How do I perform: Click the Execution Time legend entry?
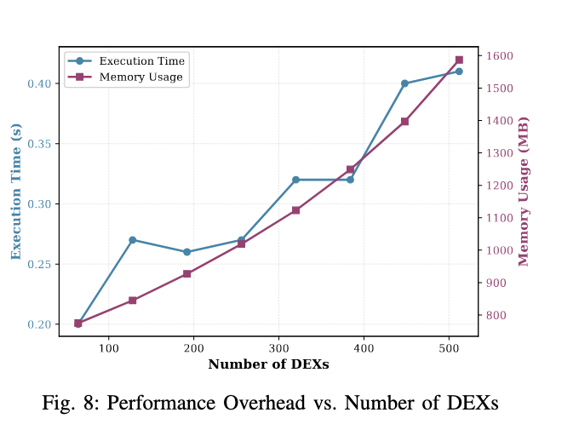click(141, 61)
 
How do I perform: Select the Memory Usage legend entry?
click(140, 77)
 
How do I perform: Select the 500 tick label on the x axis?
click(449, 348)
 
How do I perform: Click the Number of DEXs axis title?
click(268, 364)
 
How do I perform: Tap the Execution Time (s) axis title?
click(16, 192)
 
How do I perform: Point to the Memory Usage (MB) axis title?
click(524, 192)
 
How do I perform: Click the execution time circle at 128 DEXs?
click(132, 240)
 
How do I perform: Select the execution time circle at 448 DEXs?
click(404, 83)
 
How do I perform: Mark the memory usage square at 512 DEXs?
click(459, 60)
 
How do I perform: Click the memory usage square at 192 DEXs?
click(186, 273)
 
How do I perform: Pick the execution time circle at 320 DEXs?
click(295, 180)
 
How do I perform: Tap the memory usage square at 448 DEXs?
click(404, 122)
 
